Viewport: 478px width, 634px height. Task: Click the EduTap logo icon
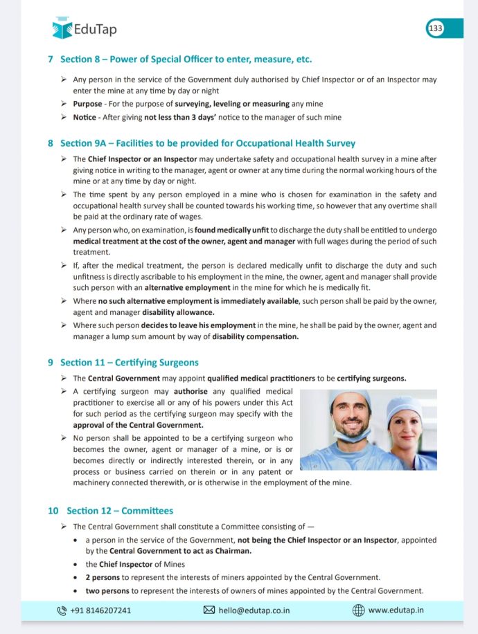click(62, 29)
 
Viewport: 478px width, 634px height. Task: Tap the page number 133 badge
click(436, 28)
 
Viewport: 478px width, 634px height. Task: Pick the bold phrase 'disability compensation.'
click(256, 336)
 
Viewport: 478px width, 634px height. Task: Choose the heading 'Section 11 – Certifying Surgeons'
click(129, 362)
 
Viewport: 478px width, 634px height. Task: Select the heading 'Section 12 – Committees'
click(119, 511)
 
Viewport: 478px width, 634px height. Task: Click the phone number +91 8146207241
click(100, 610)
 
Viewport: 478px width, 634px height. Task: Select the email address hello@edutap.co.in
click(254, 610)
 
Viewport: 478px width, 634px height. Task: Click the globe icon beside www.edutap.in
click(358, 610)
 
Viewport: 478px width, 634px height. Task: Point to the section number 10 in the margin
click(53, 511)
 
